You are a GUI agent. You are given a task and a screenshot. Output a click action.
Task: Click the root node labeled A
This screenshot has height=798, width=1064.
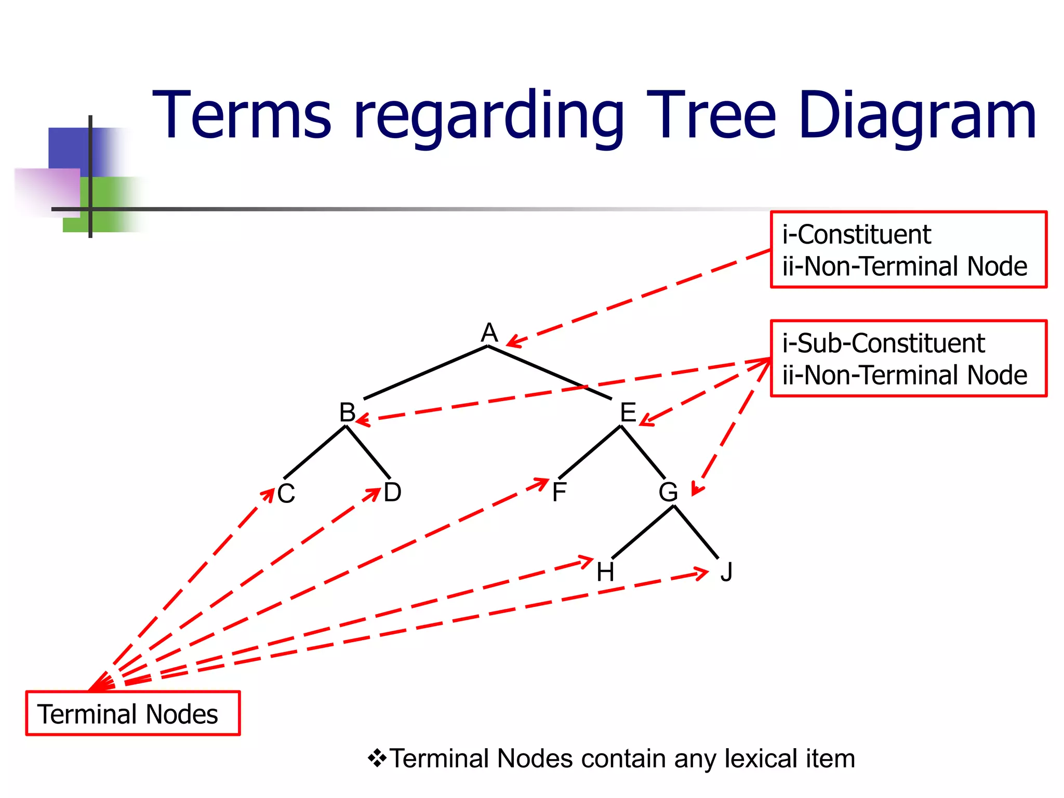tap(489, 332)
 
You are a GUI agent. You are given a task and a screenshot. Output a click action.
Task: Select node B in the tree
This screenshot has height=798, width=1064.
tap(347, 413)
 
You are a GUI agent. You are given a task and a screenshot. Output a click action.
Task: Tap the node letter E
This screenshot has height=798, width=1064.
tap(628, 413)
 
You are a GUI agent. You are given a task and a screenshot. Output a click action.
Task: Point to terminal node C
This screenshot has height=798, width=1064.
tap(286, 494)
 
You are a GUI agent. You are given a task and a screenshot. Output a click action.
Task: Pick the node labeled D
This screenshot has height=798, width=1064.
tap(392, 492)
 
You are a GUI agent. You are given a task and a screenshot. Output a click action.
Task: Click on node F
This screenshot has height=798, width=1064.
tap(559, 492)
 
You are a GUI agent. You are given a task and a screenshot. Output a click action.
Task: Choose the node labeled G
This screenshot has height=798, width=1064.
tap(668, 492)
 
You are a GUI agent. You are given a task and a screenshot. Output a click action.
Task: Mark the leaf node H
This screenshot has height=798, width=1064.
tap(605, 572)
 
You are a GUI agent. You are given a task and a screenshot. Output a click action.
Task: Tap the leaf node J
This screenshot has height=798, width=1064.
tap(726, 572)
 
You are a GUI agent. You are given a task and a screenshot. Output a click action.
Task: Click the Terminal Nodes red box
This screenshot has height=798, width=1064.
tap(133, 713)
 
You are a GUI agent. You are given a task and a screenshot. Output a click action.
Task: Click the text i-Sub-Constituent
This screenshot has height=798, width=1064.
tap(883, 343)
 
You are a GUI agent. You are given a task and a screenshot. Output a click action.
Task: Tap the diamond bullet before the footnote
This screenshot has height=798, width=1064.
tap(377, 759)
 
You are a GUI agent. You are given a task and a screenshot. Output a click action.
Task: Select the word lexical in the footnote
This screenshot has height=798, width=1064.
tap(761, 759)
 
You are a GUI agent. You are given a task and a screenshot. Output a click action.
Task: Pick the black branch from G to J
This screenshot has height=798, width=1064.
tap(696, 532)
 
